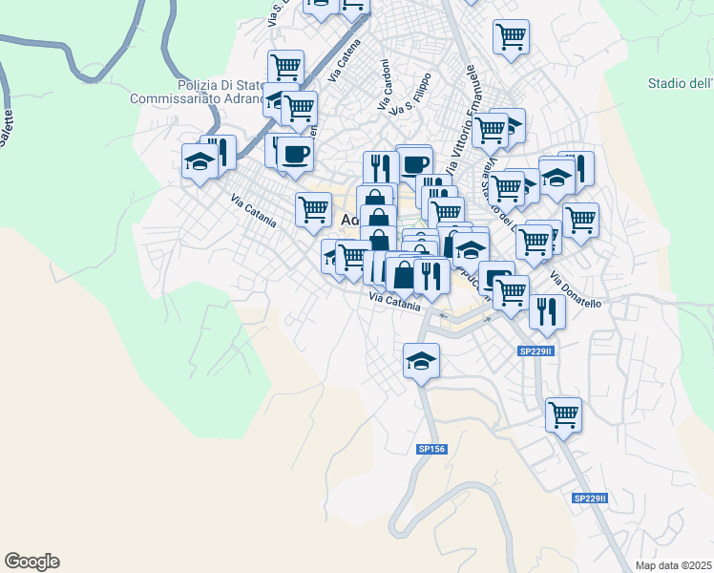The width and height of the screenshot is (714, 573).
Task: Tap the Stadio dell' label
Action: click(x=680, y=83)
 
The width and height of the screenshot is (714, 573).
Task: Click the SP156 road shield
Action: click(x=431, y=448)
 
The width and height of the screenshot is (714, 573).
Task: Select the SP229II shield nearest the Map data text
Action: click(x=591, y=499)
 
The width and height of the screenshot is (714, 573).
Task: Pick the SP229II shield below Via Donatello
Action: click(x=536, y=351)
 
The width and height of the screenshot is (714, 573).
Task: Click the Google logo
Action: click(x=31, y=562)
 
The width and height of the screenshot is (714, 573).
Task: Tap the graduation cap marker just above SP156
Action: click(x=420, y=360)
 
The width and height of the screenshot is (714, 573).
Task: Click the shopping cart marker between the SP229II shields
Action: click(x=563, y=414)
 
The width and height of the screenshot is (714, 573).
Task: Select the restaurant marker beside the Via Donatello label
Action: click(x=547, y=312)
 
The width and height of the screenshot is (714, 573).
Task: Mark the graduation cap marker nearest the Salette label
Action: click(x=199, y=159)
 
